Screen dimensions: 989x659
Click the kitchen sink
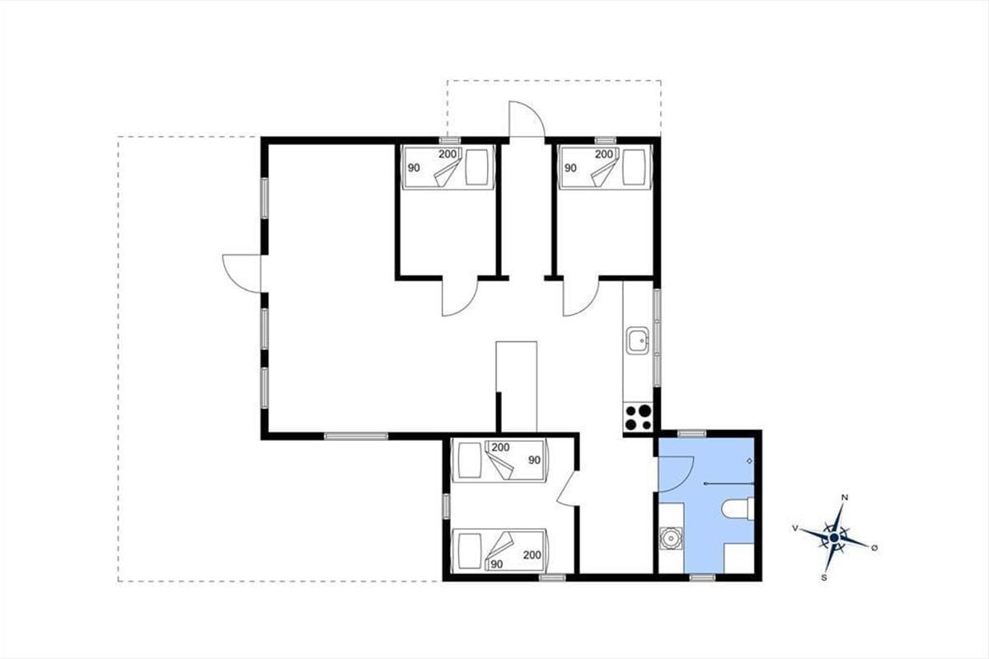638,340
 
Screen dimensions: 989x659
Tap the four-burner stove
638,418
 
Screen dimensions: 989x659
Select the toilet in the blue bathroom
738,509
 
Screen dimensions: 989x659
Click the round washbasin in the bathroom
671,539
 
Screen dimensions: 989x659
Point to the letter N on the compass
845,498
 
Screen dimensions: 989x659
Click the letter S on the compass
824,577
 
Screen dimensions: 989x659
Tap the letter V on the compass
795,528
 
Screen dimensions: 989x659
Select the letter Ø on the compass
874,548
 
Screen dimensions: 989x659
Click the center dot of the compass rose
834,538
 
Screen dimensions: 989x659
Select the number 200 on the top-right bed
604,154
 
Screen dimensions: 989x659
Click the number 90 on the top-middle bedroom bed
414,168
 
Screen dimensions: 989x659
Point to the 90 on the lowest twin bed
497,564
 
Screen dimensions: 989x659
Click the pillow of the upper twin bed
470,460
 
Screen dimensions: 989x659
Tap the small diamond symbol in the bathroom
749,460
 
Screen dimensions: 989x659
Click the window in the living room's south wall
356,436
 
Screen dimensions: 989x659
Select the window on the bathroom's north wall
691,433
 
